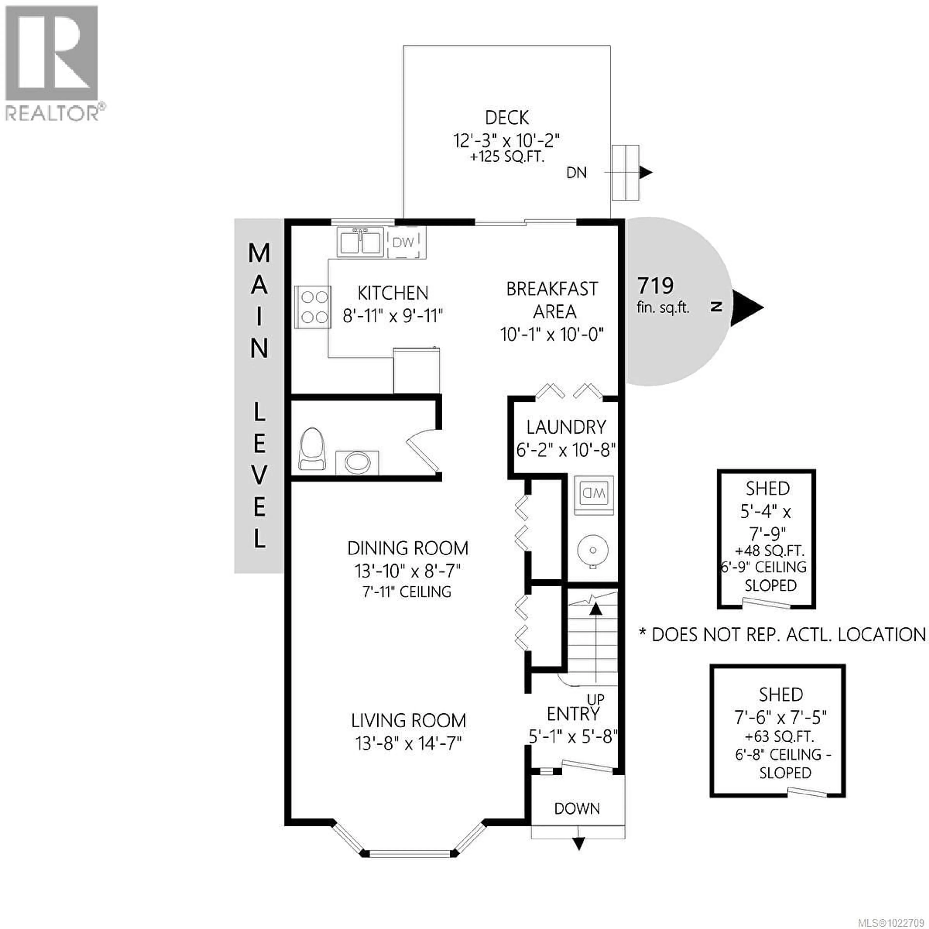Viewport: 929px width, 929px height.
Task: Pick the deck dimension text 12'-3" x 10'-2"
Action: [507, 141]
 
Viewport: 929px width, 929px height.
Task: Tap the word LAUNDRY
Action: [566, 427]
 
